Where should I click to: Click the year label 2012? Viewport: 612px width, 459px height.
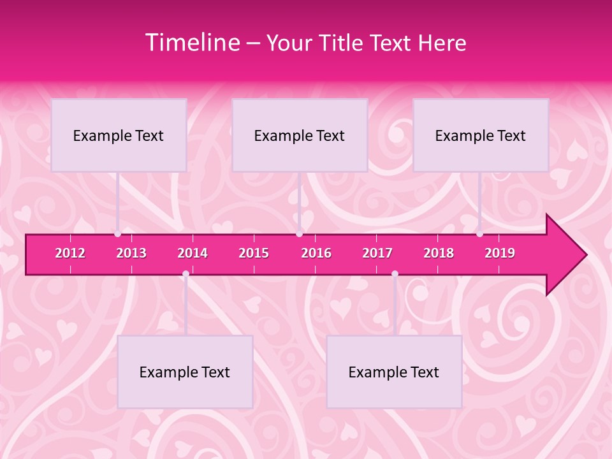(70, 253)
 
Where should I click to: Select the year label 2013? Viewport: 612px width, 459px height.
(131, 253)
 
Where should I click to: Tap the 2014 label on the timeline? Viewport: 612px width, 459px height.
(193, 253)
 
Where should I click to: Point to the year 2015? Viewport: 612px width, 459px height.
(254, 253)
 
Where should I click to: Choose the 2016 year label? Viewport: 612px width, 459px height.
(316, 253)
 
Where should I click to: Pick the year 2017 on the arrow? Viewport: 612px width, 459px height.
(377, 253)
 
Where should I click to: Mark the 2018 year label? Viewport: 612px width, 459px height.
(439, 253)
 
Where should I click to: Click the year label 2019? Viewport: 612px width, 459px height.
(500, 253)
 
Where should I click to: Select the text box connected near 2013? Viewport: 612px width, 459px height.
(119, 135)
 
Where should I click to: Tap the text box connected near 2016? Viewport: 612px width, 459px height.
(300, 135)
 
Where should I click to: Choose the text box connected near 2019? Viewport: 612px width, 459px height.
(481, 135)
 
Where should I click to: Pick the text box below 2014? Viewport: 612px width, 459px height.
(185, 372)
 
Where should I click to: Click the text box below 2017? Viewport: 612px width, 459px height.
(394, 372)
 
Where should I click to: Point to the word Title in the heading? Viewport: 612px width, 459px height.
(344, 43)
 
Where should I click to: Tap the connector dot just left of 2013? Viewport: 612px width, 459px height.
(118, 234)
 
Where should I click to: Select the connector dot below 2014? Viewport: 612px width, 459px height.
(186, 273)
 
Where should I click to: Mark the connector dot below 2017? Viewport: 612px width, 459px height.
(395, 273)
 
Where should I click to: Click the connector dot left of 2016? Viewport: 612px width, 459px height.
(300, 234)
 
